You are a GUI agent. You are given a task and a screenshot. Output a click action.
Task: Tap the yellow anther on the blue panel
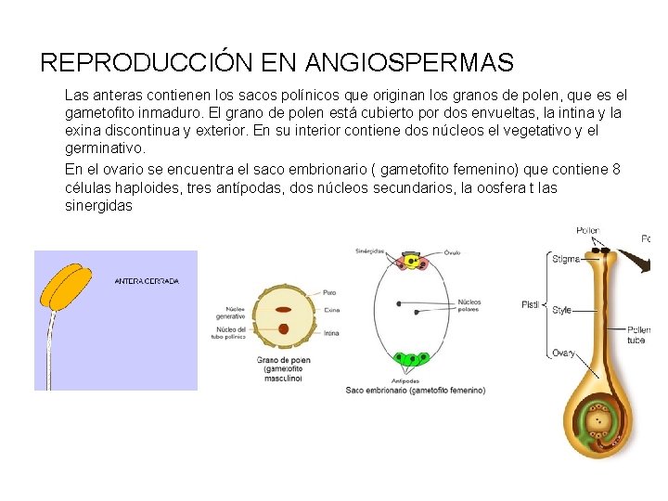click(63, 285)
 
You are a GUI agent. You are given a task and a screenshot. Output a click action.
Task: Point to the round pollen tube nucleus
click(283, 328)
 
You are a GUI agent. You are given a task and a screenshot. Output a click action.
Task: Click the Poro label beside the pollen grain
click(329, 292)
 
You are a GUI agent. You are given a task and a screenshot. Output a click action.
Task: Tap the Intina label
click(330, 332)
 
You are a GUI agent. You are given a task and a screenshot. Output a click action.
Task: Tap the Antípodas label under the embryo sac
click(405, 380)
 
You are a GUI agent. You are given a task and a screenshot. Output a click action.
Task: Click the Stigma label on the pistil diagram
click(566, 259)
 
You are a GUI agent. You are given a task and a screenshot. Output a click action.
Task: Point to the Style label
click(562, 310)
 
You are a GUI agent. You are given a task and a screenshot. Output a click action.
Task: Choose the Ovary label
click(563, 353)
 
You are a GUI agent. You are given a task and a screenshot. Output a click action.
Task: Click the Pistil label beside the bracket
click(530, 304)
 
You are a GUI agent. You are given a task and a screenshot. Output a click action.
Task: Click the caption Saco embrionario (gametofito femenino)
click(416, 391)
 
